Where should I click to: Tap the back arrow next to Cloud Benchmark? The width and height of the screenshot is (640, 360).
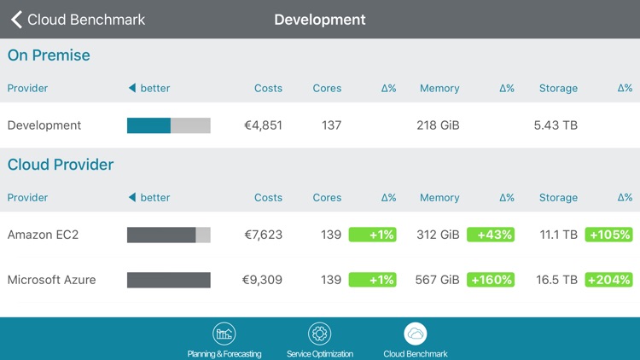[x=16, y=19]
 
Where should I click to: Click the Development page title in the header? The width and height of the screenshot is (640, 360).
[x=319, y=19]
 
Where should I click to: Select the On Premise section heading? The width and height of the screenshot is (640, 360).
[x=49, y=55]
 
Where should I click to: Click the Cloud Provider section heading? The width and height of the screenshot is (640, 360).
[x=61, y=165]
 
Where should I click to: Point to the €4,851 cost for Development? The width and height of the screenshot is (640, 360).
[x=263, y=125]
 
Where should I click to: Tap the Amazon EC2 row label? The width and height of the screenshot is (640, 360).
[x=43, y=235]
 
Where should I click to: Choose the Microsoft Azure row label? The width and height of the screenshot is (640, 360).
[x=51, y=280]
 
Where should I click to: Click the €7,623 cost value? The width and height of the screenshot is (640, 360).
[x=263, y=235]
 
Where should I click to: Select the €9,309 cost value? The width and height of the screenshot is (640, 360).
[x=263, y=280]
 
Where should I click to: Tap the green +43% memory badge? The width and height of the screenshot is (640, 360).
[x=491, y=235]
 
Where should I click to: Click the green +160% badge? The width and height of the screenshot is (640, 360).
[x=491, y=280]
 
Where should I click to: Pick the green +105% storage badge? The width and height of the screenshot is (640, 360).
[x=608, y=235]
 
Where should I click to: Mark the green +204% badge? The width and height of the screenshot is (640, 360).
[x=608, y=280]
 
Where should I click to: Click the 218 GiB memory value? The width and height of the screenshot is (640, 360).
[x=438, y=125]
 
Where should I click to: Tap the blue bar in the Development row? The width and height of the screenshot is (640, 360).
[x=148, y=125]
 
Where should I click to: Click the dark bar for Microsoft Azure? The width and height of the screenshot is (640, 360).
[x=168, y=280]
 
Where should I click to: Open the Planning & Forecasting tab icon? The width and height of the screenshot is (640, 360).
[x=224, y=334]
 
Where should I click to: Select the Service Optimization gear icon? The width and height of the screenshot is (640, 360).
[x=319, y=334]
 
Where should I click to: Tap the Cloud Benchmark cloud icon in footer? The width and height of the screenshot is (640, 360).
[x=416, y=334]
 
